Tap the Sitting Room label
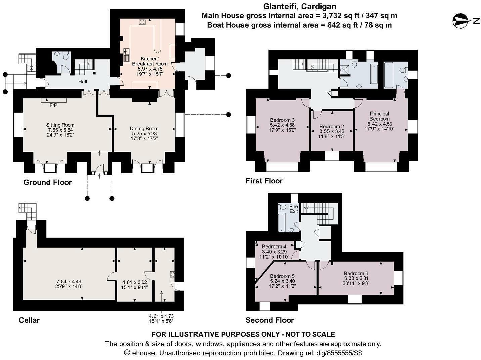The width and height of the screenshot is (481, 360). pyautogui.click(x=60, y=125)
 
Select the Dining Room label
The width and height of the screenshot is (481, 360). pyautogui.click(x=144, y=128)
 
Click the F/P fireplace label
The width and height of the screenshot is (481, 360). pyautogui.click(x=53, y=105)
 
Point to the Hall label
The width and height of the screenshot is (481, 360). pyautogui.click(x=83, y=82)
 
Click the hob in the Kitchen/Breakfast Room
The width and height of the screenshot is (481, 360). pyautogui.click(x=142, y=22)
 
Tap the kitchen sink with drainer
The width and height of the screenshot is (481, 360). pyautogui.click(x=126, y=55)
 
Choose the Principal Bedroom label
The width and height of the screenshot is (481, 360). pyautogui.click(x=379, y=116)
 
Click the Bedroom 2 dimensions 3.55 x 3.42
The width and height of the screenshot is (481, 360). pyautogui.click(x=332, y=131)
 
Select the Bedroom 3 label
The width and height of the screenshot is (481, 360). pyautogui.click(x=282, y=120)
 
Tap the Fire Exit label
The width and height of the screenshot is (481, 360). pyautogui.click(x=294, y=209)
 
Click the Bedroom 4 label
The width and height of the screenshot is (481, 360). pyautogui.click(x=274, y=246)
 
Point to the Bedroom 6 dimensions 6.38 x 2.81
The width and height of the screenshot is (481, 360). pyautogui.click(x=356, y=278)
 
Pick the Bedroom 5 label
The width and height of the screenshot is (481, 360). pyautogui.click(x=282, y=276)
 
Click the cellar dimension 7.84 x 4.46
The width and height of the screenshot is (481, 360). pyautogui.click(x=69, y=281)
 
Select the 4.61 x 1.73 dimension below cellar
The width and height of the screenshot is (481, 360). pyautogui.click(x=161, y=316)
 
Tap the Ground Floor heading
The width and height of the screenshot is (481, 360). pyautogui.click(x=48, y=182)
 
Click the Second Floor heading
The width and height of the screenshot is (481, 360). pyautogui.click(x=269, y=320)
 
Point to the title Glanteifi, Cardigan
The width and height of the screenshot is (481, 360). pyautogui.click(x=300, y=7)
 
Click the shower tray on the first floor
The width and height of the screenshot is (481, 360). pyautogui.click(x=345, y=70)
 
